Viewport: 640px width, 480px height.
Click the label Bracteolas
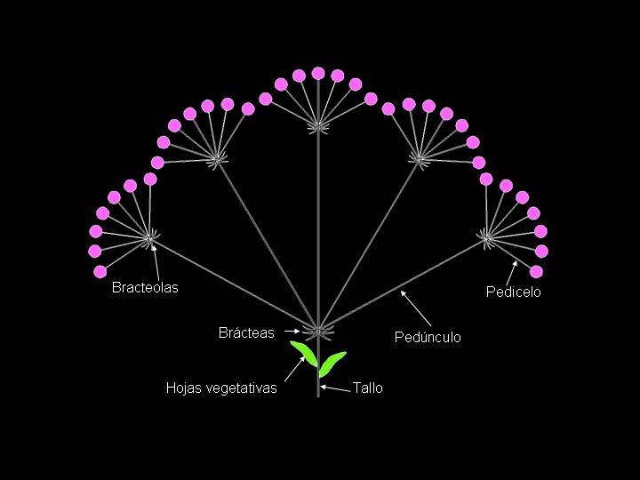145,288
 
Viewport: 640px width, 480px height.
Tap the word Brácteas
246,333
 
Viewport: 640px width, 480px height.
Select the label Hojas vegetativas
221,388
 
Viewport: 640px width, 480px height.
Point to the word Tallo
368,388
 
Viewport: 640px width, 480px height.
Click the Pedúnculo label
428,337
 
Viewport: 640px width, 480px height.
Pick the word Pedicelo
513,292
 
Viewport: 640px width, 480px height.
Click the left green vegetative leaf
304,353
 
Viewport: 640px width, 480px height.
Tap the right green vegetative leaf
332,361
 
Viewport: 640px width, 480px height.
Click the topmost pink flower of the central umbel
318,73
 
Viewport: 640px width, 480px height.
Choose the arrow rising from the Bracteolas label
156,262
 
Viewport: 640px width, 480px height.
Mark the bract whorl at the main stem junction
317,331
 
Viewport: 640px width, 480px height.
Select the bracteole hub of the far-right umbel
486,236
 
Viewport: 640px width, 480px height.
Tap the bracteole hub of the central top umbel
317,126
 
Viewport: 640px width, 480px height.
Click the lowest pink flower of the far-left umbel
100,271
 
